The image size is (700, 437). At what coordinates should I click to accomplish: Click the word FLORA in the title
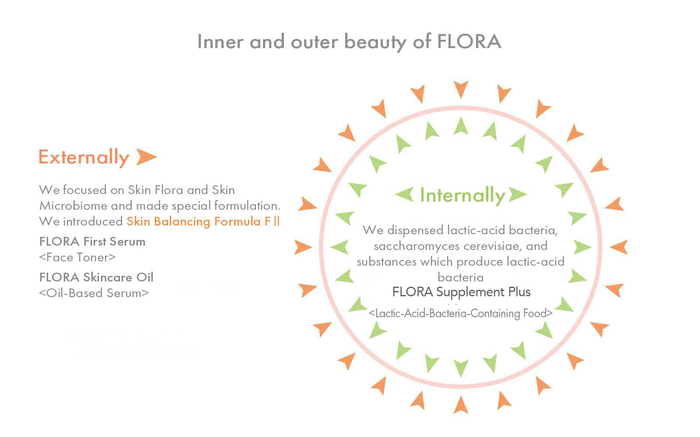(469, 42)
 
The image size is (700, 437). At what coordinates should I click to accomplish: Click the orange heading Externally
(84, 157)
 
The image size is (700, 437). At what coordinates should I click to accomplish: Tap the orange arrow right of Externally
(147, 157)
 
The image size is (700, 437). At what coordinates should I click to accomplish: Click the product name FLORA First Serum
(92, 242)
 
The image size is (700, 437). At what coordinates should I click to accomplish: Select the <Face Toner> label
(77, 257)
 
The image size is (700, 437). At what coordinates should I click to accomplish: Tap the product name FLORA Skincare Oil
(96, 277)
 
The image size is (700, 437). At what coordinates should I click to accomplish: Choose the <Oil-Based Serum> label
(94, 293)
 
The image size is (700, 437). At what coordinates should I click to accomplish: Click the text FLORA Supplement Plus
(461, 292)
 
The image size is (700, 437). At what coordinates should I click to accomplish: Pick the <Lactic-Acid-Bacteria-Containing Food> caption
(461, 313)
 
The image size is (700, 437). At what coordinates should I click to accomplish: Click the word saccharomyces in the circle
(417, 246)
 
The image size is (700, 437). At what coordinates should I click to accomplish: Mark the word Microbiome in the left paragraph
(73, 206)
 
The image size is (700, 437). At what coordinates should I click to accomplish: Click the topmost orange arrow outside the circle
(461, 89)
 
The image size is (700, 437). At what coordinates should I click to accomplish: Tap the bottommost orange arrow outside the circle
(461, 405)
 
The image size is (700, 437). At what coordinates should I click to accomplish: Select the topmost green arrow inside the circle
(461, 126)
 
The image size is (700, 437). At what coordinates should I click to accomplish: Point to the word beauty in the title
(375, 42)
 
